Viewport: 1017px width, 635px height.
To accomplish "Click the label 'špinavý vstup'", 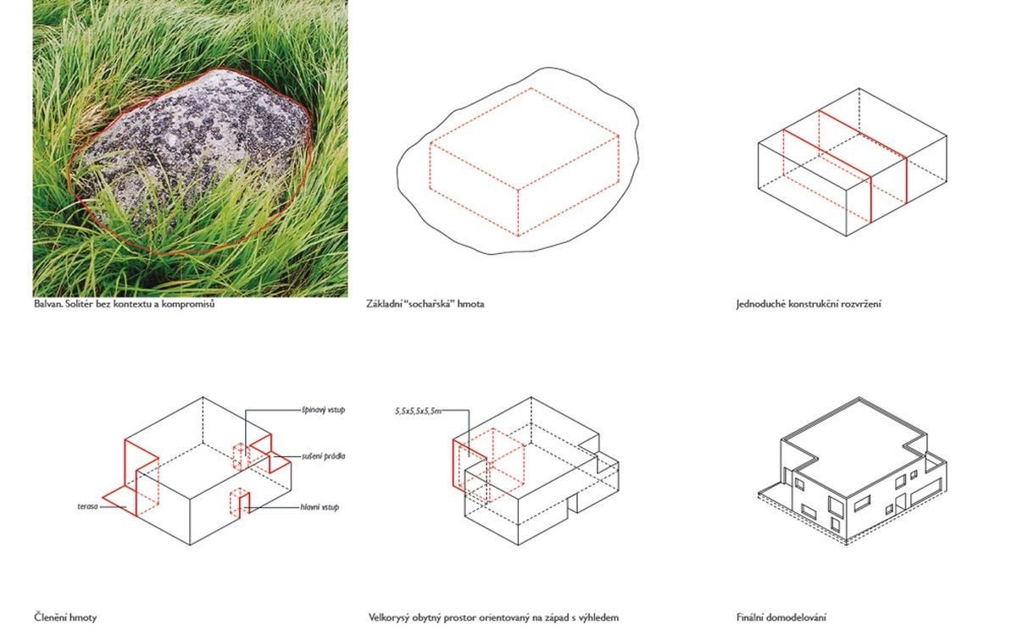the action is [x=323, y=410].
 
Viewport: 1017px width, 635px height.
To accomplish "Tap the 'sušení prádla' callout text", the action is [x=323, y=456].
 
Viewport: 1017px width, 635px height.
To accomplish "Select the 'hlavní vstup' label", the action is [x=320, y=507].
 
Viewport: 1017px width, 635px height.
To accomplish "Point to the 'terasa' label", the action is [x=87, y=506].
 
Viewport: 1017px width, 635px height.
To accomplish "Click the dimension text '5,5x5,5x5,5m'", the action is [x=418, y=411].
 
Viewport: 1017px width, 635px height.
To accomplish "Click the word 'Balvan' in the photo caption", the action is [x=47, y=303].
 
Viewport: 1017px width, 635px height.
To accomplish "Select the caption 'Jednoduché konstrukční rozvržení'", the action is [x=809, y=303].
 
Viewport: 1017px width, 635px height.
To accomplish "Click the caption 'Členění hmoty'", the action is [x=65, y=617].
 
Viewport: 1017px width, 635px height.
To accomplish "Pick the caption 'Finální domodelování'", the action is [x=781, y=617].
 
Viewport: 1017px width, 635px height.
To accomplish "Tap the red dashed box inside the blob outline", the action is [x=525, y=162].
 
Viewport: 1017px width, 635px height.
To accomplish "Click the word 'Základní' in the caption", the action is [x=382, y=303].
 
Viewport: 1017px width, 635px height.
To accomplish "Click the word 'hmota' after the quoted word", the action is [x=471, y=303].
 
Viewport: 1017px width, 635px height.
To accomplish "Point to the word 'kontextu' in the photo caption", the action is [x=131, y=303].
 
